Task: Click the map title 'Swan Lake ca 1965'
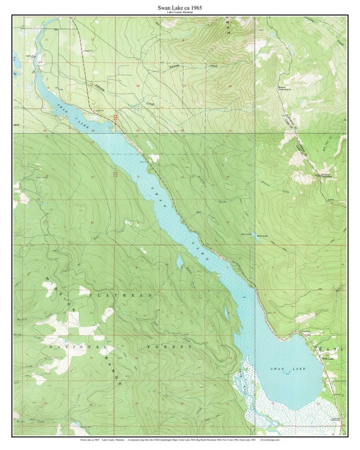(180, 7)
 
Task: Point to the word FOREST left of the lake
(171, 346)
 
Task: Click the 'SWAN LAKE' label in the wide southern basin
(287, 368)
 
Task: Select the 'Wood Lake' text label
(248, 234)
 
